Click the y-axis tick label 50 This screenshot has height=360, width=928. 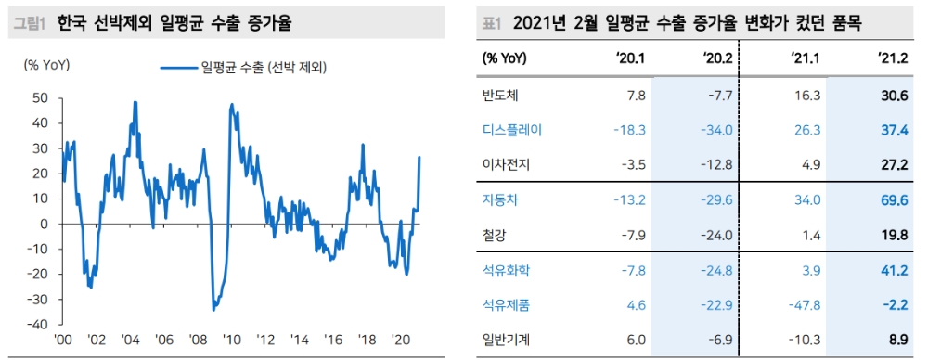[x=40, y=97]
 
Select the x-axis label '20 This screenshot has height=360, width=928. [x=402, y=340]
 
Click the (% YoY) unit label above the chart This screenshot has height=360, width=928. [x=46, y=64]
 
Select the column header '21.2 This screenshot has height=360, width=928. [x=892, y=58]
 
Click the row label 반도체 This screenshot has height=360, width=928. [x=501, y=96]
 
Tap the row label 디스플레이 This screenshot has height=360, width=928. [x=512, y=130]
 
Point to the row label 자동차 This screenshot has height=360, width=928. [x=501, y=199]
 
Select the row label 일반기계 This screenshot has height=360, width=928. [x=507, y=339]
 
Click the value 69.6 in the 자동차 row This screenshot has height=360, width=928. [x=892, y=199]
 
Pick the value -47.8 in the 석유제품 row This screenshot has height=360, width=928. [x=803, y=304]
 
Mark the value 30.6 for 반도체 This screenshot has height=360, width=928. [x=892, y=96]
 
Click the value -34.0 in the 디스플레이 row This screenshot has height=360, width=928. [x=715, y=130]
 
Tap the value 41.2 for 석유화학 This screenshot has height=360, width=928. [x=892, y=269]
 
